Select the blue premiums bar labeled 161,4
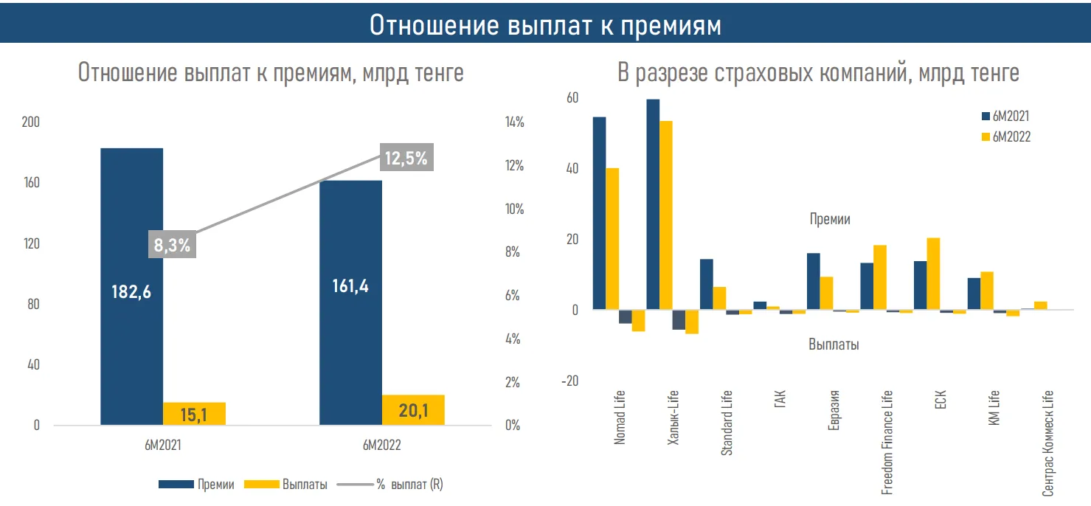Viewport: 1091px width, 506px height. (350, 302)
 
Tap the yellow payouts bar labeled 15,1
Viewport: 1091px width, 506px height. (194, 414)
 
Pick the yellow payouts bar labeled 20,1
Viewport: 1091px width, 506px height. (413, 410)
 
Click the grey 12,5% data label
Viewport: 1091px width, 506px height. (406, 158)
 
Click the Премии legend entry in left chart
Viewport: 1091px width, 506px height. (197, 485)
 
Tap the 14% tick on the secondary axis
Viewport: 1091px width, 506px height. (513, 122)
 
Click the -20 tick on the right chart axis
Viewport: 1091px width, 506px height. (570, 381)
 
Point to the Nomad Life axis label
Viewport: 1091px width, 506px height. (620, 417)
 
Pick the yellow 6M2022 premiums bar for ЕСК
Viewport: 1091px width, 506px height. (933, 274)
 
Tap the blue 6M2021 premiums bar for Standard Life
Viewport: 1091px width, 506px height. (706, 284)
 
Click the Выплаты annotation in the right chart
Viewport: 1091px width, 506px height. (834, 344)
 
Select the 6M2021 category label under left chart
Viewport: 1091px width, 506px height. (163, 446)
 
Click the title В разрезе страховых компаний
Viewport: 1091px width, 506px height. (818, 73)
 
